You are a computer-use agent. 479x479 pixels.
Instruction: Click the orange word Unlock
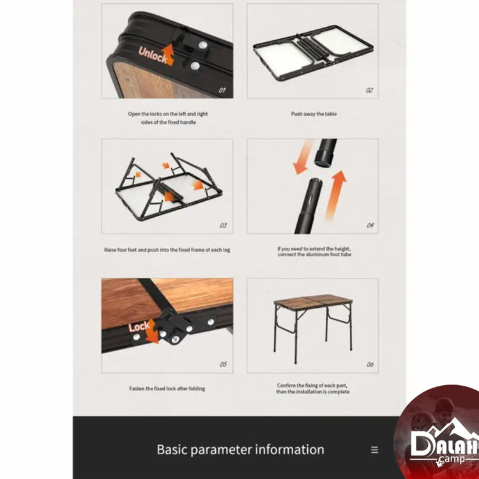153,55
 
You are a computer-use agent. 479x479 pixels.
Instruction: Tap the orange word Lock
139,326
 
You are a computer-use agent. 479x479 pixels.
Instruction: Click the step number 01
222,90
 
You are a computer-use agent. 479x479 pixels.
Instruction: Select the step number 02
369,90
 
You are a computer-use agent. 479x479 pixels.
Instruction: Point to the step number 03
224,225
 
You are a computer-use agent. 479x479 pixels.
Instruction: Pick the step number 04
370,225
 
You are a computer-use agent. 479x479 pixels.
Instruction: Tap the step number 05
224,365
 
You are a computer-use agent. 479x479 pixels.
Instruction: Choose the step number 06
370,365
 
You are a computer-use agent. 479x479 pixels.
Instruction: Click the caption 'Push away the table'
314,114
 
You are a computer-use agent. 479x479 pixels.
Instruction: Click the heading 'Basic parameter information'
240,450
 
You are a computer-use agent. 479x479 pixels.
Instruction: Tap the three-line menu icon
374,450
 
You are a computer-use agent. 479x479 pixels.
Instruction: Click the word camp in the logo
452,459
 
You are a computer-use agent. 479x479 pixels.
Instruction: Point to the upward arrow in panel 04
335,195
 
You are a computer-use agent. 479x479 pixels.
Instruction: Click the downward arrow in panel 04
303,157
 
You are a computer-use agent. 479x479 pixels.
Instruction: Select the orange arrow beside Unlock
168,54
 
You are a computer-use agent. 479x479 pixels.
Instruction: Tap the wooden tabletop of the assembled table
313,300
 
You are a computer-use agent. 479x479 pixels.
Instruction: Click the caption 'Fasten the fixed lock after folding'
167,388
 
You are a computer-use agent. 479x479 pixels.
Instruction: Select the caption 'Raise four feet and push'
167,250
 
